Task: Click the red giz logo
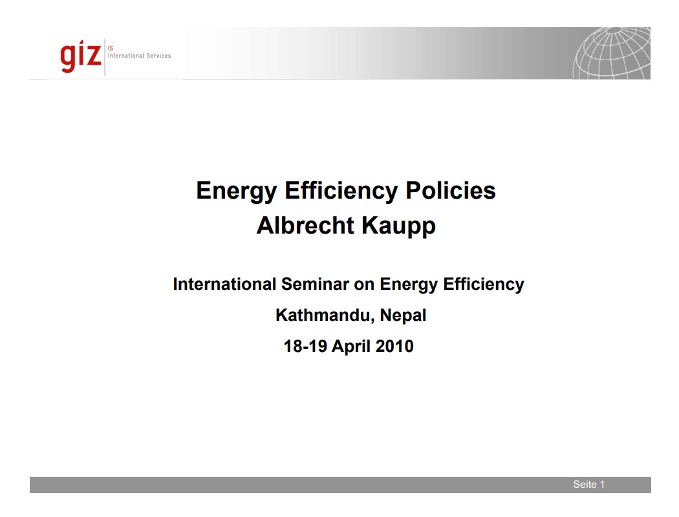click(x=81, y=56)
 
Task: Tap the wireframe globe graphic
click(x=612, y=53)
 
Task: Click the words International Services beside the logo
click(x=140, y=56)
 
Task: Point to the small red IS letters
click(x=111, y=48)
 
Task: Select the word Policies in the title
click(x=450, y=191)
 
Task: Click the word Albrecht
click(x=306, y=226)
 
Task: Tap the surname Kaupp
click(x=398, y=226)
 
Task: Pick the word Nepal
click(x=403, y=316)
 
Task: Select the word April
click(x=351, y=347)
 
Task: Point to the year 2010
click(x=394, y=346)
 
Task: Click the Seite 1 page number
click(x=589, y=485)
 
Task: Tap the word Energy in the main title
click(x=237, y=191)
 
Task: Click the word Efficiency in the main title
click(x=341, y=191)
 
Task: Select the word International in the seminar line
click(x=225, y=284)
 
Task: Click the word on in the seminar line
click(x=364, y=285)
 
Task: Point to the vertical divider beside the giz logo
click(x=105, y=57)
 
